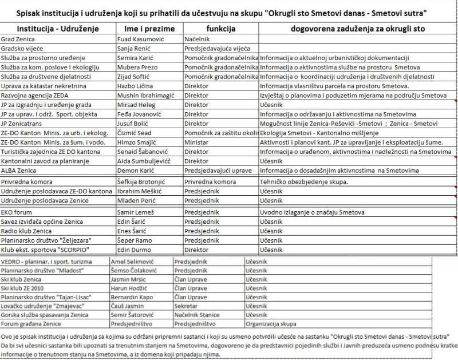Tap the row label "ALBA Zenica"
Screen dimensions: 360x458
point(19,170)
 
